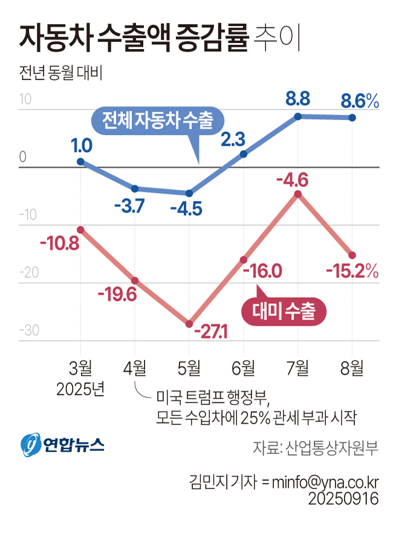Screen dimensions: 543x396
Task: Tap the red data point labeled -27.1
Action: click(x=189, y=323)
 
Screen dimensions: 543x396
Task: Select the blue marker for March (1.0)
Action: click(x=80, y=162)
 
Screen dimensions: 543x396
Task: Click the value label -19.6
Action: click(x=117, y=295)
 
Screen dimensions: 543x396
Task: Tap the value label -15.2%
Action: click(x=352, y=271)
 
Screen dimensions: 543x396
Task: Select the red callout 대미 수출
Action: click(x=284, y=311)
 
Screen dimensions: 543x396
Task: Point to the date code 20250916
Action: click(x=343, y=499)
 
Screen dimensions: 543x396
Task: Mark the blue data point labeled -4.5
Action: click(x=189, y=193)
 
